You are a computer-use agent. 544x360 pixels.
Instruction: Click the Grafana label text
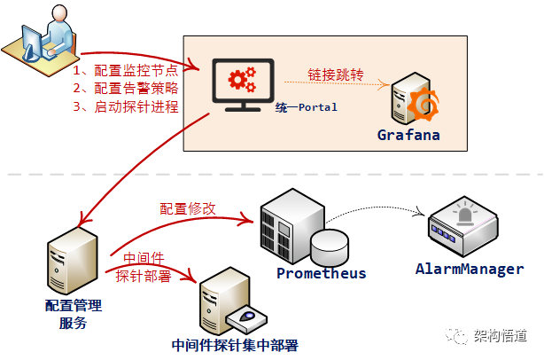(408, 135)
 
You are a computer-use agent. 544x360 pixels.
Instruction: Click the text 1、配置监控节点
(125, 68)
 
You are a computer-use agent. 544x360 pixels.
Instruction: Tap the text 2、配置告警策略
(125, 88)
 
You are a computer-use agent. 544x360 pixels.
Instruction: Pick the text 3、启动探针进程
(125, 107)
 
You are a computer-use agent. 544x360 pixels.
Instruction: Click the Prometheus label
(321, 273)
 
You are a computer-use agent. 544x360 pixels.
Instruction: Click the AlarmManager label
(470, 269)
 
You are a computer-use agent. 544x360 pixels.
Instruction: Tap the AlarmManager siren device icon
(462, 229)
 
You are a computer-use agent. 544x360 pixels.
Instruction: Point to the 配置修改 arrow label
(187, 208)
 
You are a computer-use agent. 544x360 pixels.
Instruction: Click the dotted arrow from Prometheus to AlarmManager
(381, 210)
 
